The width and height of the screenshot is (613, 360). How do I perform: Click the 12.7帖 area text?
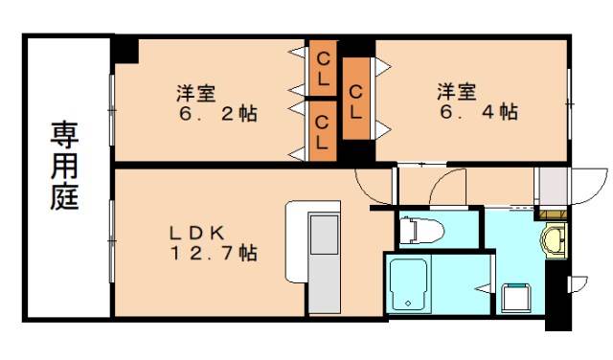tap(214, 254)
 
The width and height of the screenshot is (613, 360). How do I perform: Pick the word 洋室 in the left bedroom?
tap(194, 93)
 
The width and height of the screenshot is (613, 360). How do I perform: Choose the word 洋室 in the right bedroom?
tap(458, 92)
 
